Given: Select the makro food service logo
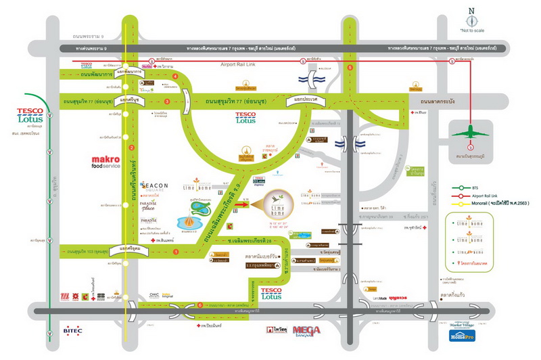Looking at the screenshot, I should point(110,166).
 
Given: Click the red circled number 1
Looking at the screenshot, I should point(176,252).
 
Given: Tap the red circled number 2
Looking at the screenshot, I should point(133,148).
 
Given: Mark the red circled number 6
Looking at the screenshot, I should point(199,305).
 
